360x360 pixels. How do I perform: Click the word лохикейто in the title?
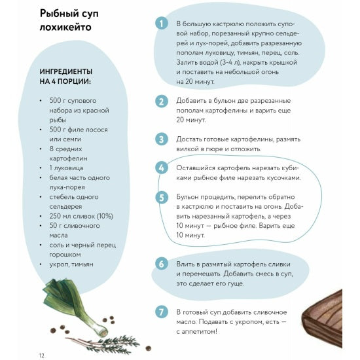65,27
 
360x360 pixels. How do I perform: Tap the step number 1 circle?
162,23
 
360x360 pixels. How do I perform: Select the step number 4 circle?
162,168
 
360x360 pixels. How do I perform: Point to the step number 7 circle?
162,312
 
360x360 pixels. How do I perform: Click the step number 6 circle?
162,264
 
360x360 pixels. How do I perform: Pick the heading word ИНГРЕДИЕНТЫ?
66,71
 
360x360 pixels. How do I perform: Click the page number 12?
41,355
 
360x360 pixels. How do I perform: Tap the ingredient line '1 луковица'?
66,168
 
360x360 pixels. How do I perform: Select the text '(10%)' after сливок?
105,216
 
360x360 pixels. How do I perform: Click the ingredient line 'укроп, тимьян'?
71,264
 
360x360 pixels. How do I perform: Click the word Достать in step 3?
189,139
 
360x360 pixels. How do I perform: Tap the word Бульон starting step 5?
187,197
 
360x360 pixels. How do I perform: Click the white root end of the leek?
102,331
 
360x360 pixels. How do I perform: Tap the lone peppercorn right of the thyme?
148,348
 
